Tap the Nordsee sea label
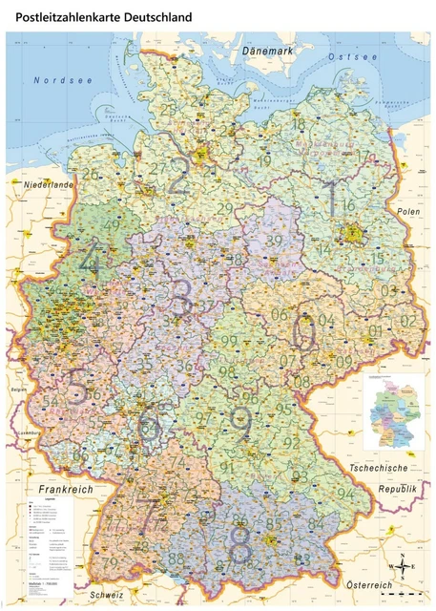63,81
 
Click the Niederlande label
50,183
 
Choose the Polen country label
408,210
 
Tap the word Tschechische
380,469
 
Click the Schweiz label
105,595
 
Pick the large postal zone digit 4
92,259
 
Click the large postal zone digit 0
304,333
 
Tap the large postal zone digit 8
240,547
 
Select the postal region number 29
225,208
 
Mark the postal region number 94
344,494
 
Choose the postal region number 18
299,124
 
